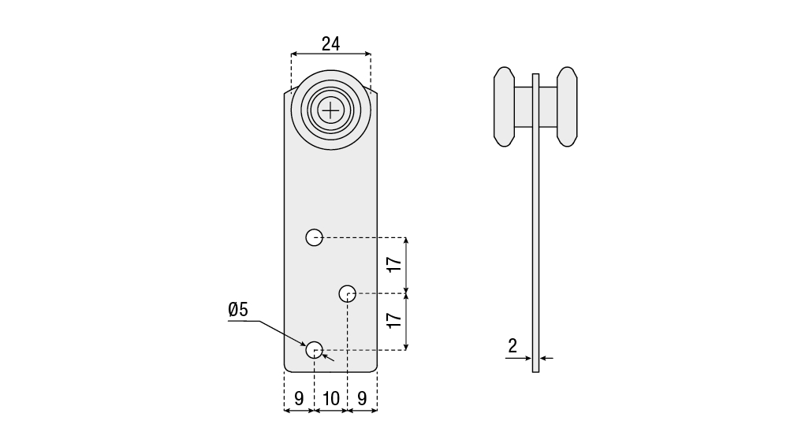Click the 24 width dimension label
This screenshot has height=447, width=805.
tap(330, 44)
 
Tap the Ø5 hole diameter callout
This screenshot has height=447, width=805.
tap(238, 310)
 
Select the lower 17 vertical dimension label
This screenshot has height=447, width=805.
tap(394, 320)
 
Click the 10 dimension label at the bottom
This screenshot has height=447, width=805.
tap(331, 398)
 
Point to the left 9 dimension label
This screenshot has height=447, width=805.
tap(299, 398)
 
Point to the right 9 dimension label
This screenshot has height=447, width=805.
tap(362, 398)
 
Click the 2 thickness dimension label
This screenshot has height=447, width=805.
tap(512, 346)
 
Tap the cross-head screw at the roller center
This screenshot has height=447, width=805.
tap(331, 110)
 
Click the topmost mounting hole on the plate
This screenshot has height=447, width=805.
tap(315, 237)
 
